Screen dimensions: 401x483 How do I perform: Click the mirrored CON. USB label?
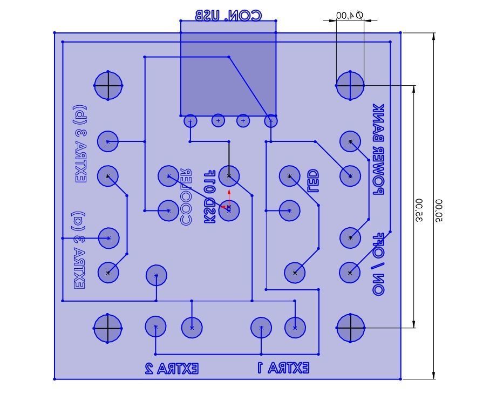point(228,15)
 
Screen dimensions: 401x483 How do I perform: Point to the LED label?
point(312,182)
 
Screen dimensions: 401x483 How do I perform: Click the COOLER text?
point(186,196)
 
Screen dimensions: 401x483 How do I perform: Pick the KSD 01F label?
point(210,196)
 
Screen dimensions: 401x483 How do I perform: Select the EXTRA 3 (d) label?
point(80,144)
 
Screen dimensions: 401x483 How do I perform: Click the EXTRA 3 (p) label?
point(79,250)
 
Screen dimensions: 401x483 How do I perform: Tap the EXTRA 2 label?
point(172,369)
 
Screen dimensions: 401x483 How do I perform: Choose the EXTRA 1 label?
point(283,369)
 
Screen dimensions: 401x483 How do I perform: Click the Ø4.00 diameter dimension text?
point(349,15)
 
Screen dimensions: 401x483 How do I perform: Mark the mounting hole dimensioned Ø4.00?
point(350,85)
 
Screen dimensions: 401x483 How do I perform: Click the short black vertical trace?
point(229,158)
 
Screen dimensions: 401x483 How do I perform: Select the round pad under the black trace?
point(229,176)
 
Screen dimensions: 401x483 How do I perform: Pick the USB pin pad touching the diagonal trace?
point(271,121)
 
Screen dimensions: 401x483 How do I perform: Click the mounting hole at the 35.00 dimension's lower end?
point(350,328)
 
